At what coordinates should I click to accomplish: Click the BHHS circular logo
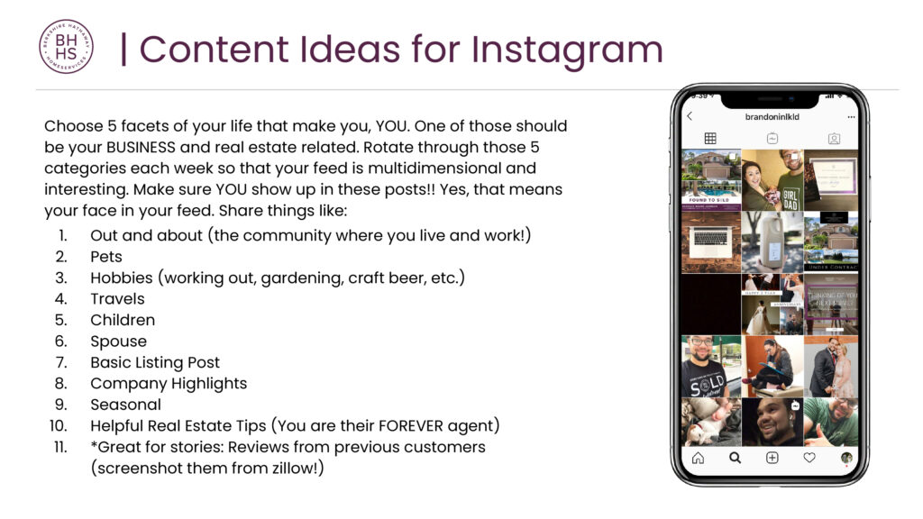point(66,47)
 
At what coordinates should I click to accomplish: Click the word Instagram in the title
point(568,50)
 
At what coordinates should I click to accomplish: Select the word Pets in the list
point(106,256)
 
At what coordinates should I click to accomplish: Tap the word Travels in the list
point(117,298)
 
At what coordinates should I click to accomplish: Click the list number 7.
point(63,362)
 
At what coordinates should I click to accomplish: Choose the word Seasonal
point(125,405)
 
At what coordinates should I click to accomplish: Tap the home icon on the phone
point(698,458)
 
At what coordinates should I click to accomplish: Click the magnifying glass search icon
point(735,458)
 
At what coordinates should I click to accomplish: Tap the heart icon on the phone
point(809,458)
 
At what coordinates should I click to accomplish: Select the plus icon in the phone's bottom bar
point(772,458)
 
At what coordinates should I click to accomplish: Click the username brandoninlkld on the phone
point(772,117)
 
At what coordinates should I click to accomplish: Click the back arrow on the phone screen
point(690,117)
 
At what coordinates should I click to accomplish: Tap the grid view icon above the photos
point(710,139)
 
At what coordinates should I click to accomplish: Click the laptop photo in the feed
point(710,241)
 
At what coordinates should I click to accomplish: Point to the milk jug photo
point(772,241)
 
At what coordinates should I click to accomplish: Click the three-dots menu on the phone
point(851,117)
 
